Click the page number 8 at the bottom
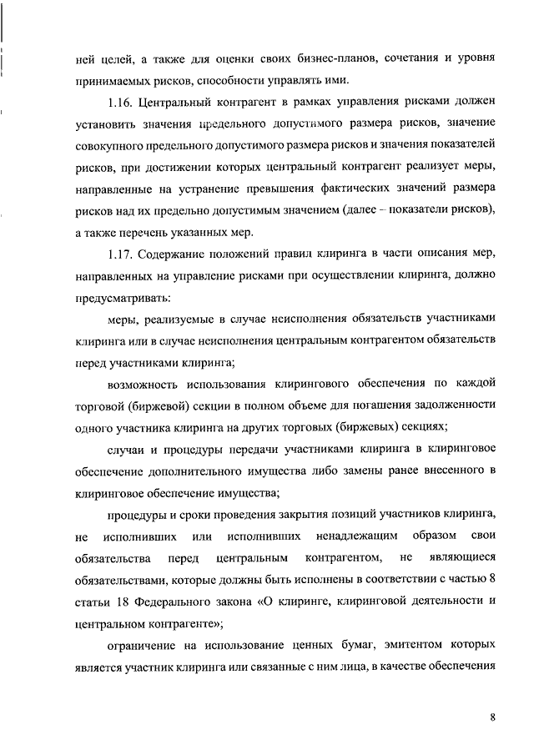[493, 717]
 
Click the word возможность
[146, 384]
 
